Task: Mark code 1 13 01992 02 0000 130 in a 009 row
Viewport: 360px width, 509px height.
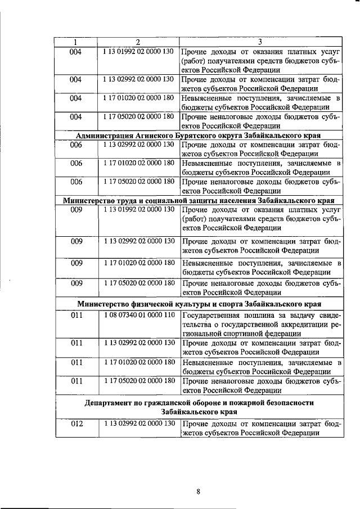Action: point(138,210)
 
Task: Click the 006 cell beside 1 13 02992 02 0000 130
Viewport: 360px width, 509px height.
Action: point(76,145)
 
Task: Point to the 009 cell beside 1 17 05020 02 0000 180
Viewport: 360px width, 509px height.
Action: point(76,283)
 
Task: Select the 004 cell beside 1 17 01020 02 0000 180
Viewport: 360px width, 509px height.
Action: point(76,98)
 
